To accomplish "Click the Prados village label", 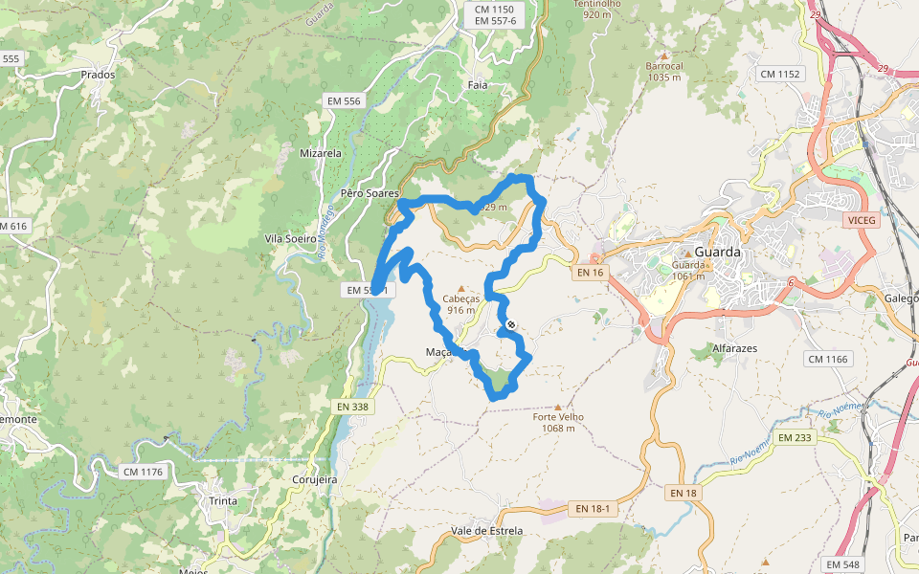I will (98, 74).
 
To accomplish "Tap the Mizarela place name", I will (320, 152).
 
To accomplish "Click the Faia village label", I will (478, 85).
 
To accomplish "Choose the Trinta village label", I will (223, 500).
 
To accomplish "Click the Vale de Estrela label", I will (486, 530).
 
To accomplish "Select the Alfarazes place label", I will (734, 348).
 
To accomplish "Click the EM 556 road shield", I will (345, 101).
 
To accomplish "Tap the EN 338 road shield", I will (352, 407).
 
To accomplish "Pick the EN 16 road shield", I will (590, 273).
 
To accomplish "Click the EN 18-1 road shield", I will (590, 508).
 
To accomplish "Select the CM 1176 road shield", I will (144, 472).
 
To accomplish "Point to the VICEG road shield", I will (860, 220).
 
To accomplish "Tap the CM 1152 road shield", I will (779, 74).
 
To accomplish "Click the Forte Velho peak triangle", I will (558, 407).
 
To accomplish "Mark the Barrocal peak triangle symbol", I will (663, 56).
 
